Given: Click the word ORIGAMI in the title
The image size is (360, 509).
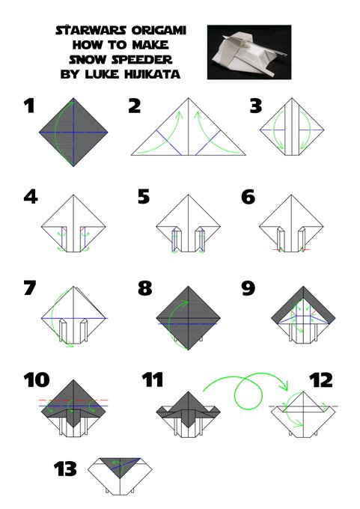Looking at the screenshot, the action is [159, 30].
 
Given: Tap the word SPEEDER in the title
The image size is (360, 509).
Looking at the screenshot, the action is [142, 59].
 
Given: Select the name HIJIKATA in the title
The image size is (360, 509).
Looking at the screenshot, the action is [152, 74].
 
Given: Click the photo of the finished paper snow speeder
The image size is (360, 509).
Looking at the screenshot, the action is [249, 52].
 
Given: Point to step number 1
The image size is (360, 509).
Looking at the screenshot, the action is [29, 106].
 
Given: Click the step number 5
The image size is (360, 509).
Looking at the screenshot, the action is [144, 197].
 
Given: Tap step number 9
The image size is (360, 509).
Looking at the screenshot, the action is [248, 288].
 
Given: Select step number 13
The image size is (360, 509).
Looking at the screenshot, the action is [65, 469].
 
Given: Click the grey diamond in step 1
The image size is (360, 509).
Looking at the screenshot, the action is [73, 132].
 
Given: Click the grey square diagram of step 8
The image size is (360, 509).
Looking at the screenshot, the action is [189, 318].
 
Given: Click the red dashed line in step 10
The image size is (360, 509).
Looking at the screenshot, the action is [73, 400].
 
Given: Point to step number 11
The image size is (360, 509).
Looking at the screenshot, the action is [153, 380].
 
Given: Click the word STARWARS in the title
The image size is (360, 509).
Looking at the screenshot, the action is [91, 30].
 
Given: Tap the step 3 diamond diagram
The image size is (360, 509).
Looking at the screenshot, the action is [292, 127].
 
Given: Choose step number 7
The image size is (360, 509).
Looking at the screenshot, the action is [29, 288].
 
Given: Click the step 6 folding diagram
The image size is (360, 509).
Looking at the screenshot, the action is [291, 223].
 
